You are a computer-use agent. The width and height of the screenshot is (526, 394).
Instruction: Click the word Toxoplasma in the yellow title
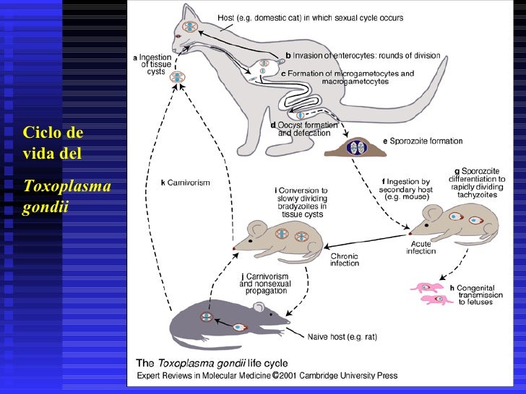[x=66, y=187]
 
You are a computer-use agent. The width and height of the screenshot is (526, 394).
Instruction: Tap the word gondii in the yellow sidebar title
[x=45, y=206]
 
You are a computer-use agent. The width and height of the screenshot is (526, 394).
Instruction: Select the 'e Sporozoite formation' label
[x=423, y=141]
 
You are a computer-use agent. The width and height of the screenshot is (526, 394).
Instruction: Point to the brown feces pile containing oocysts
[x=353, y=147]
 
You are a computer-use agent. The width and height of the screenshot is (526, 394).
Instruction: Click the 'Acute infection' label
[x=421, y=248]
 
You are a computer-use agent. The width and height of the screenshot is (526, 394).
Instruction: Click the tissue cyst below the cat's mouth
[x=177, y=76]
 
